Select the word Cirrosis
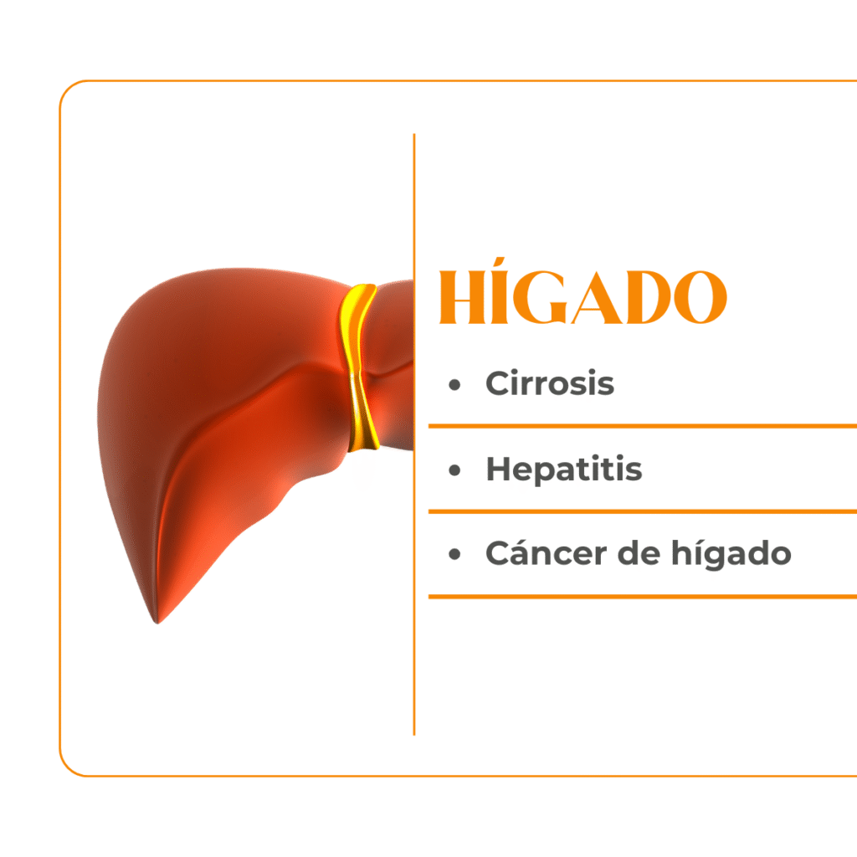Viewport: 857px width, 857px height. click(x=550, y=382)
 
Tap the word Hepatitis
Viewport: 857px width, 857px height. click(x=564, y=469)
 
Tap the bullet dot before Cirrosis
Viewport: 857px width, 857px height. click(x=454, y=385)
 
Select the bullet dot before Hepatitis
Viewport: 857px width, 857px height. click(x=454, y=470)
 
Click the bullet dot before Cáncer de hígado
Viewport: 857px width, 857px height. click(x=454, y=555)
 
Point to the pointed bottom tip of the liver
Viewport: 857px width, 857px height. click(x=157, y=623)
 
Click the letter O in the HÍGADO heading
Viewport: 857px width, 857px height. click(x=700, y=297)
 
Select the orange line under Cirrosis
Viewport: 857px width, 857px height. click(x=643, y=426)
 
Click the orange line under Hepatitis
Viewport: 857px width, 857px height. click(x=643, y=511)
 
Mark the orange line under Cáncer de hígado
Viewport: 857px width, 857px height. click(x=643, y=597)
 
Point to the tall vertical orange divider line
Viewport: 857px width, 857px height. click(x=414, y=434)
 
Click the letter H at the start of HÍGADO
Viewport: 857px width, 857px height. click(x=462, y=297)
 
